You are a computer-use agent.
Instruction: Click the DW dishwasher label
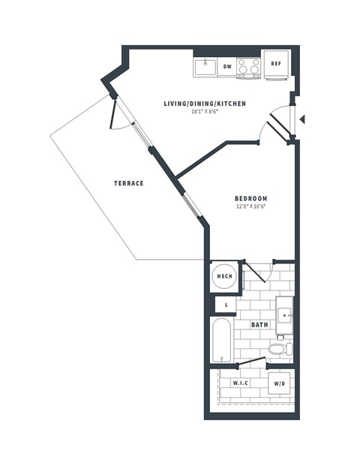226,68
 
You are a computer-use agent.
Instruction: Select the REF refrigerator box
275,65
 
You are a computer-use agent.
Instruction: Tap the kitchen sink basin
205,68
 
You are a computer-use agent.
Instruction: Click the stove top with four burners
249,68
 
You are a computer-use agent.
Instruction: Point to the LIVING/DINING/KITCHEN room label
205,104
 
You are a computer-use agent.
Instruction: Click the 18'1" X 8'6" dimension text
205,112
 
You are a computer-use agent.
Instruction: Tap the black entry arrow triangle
301,119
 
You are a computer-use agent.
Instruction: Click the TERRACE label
128,183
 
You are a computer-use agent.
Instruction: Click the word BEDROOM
250,199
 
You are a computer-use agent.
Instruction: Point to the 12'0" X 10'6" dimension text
250,207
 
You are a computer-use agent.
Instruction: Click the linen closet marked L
226,305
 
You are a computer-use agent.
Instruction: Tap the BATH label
260,325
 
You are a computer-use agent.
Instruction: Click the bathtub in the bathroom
222,340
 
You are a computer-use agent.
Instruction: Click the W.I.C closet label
240,383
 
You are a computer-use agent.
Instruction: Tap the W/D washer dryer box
279,383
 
